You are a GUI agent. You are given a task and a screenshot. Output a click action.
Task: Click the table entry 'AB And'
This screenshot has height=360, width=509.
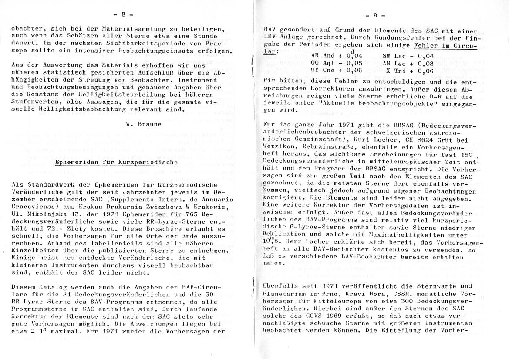click(x=323, y=56)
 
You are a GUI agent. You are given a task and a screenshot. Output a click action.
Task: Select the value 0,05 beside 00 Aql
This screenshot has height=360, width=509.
click(x=355, y=64)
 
